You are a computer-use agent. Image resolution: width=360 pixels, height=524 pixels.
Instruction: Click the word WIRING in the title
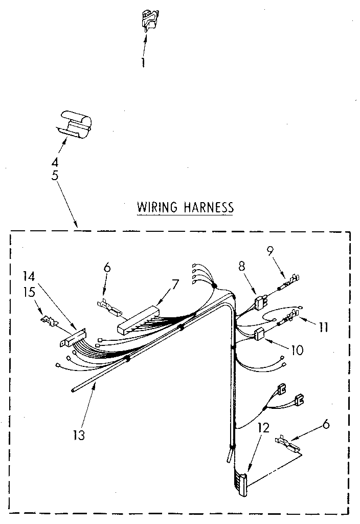[x=157, y=207]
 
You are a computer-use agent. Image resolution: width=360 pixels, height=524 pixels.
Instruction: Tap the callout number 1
[x=143, y=62]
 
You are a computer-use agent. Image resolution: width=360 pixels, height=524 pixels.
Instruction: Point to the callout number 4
[x=55, y=163]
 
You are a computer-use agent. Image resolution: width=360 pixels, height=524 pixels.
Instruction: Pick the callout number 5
[x=55, y=174]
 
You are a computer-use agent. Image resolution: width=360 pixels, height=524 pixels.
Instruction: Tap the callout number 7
[x=175, y=284]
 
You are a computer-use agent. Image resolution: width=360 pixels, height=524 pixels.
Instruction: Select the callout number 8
[x=242, y=266]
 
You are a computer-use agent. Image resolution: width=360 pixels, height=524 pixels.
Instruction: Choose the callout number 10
[x=297, y=351]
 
